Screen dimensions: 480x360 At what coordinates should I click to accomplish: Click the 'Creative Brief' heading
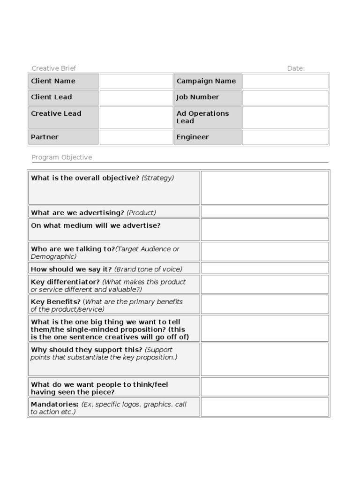(x=53, y=68)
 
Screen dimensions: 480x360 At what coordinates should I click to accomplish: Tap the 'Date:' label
(x=296, y=68)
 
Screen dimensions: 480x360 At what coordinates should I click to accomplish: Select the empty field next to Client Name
(x=136, y=81)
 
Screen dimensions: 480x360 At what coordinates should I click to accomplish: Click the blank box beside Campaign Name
(x=285, y=81)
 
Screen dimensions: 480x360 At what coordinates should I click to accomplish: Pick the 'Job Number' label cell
(x=208, y=97)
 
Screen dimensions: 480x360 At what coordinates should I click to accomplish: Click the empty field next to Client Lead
(x=136, y=97)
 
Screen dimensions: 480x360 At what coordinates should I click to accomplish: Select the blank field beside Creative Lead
(x=136, y=117)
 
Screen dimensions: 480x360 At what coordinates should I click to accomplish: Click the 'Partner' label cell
(x=63, y=137)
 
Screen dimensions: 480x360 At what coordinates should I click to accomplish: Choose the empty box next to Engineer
(x=285, y=137)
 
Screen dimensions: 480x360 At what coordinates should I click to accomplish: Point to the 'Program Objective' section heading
(x=62, y=157)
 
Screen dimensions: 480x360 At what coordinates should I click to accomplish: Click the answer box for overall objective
(x=265, y=187)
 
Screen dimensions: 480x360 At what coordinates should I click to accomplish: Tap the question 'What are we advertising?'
(x=78, y=213)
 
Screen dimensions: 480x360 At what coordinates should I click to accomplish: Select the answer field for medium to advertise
(x=265, y=230)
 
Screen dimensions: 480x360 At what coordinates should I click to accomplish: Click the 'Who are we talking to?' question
(x=73, y=249)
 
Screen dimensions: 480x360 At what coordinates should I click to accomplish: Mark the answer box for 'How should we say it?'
(x=265, y=269)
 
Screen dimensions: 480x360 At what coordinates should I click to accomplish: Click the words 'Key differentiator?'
(x=65, y=282)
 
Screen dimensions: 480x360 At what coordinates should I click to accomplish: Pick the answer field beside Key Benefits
(x=265, y=305)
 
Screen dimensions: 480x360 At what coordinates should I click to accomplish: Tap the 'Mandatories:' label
(x=54, y=404)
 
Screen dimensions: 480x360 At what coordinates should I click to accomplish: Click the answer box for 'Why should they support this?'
(x=265, y=360)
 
